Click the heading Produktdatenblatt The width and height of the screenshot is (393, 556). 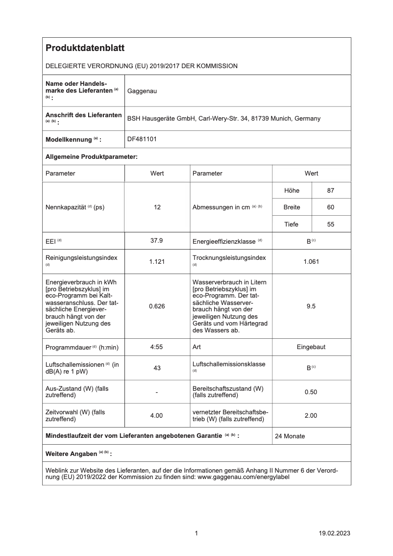(85, 48)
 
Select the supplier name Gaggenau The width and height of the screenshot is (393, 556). (142, 91)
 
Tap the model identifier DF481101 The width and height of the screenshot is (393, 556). (142, 139)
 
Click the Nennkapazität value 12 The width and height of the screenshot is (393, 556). (157, 207)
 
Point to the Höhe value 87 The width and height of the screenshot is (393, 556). (331, 190)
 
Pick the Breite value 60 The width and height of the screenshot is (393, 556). (331, 207)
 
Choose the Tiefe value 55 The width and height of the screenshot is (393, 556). (331, 225)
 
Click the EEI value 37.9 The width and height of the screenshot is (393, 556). (157, 241)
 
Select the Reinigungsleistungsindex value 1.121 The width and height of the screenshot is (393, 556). (157, 261)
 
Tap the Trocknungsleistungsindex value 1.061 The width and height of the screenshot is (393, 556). (311, 261)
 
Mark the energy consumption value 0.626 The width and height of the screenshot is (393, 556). (157, 306)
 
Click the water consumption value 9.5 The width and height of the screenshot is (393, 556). (311, 306)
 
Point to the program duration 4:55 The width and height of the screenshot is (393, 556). (157, 347)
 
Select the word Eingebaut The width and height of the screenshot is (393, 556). (311, 347)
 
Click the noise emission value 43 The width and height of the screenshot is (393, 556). (157, 368)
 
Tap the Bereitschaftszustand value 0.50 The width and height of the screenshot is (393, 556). (311, 392)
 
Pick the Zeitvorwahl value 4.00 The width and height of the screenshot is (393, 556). (157, 415)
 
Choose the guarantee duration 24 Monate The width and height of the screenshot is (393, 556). (290, 436)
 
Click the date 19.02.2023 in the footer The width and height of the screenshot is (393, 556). (334, 533)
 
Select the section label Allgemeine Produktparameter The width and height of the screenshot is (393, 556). (91, 156)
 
